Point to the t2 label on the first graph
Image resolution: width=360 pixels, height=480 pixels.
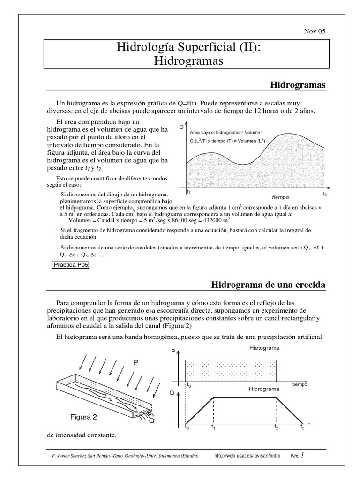324,193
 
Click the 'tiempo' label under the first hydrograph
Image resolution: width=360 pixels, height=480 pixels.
280,197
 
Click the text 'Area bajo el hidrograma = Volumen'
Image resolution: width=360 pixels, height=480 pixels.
227,132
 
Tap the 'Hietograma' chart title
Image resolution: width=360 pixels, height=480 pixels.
264,348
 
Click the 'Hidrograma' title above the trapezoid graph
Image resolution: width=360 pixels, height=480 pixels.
264,389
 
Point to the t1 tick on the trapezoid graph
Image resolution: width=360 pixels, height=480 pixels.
213,427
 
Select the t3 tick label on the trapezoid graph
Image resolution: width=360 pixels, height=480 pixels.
302,427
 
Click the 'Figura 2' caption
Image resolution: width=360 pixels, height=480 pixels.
84,417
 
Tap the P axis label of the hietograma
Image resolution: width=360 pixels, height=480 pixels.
173,352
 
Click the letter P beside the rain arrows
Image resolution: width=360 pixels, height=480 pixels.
136,362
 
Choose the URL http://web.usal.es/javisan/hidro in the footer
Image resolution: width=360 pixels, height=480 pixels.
247,456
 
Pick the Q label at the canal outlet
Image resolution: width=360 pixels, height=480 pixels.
151,421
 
